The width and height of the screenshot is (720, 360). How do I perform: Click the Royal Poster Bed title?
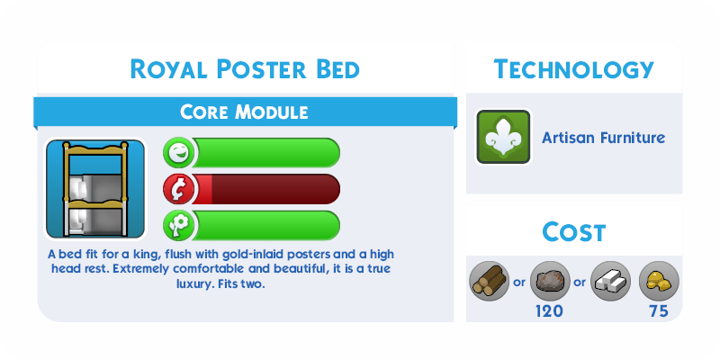point(245,69)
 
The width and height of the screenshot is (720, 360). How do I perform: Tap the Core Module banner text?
point(244,112)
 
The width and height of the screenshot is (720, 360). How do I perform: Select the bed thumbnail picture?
point(95,189)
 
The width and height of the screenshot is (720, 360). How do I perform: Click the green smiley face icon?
point(178,153)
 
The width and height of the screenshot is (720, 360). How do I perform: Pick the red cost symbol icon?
point(178,189)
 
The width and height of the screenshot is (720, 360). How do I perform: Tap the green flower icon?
point(178,226)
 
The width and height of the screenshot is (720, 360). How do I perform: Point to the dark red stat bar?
point(266,189)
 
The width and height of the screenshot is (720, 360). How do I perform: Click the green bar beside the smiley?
point(266,153)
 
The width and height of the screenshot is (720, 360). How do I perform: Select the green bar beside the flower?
point(266,226)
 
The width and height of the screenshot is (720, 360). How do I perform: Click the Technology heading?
point(573,69)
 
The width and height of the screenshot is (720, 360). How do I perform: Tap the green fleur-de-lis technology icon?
point(503,137)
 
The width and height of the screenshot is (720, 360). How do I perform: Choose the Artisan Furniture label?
point(603,138)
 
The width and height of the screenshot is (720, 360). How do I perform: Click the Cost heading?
point(574,232)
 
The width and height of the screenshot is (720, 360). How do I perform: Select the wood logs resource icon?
point(490,281)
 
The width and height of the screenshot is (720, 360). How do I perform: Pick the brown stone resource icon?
point(550,281)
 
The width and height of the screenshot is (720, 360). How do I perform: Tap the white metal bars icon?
point(610,281)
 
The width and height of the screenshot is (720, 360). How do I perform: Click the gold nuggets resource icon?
point(659,281)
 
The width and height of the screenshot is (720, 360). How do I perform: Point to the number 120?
point(549,311)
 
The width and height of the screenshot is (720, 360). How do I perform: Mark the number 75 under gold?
point(659,311)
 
